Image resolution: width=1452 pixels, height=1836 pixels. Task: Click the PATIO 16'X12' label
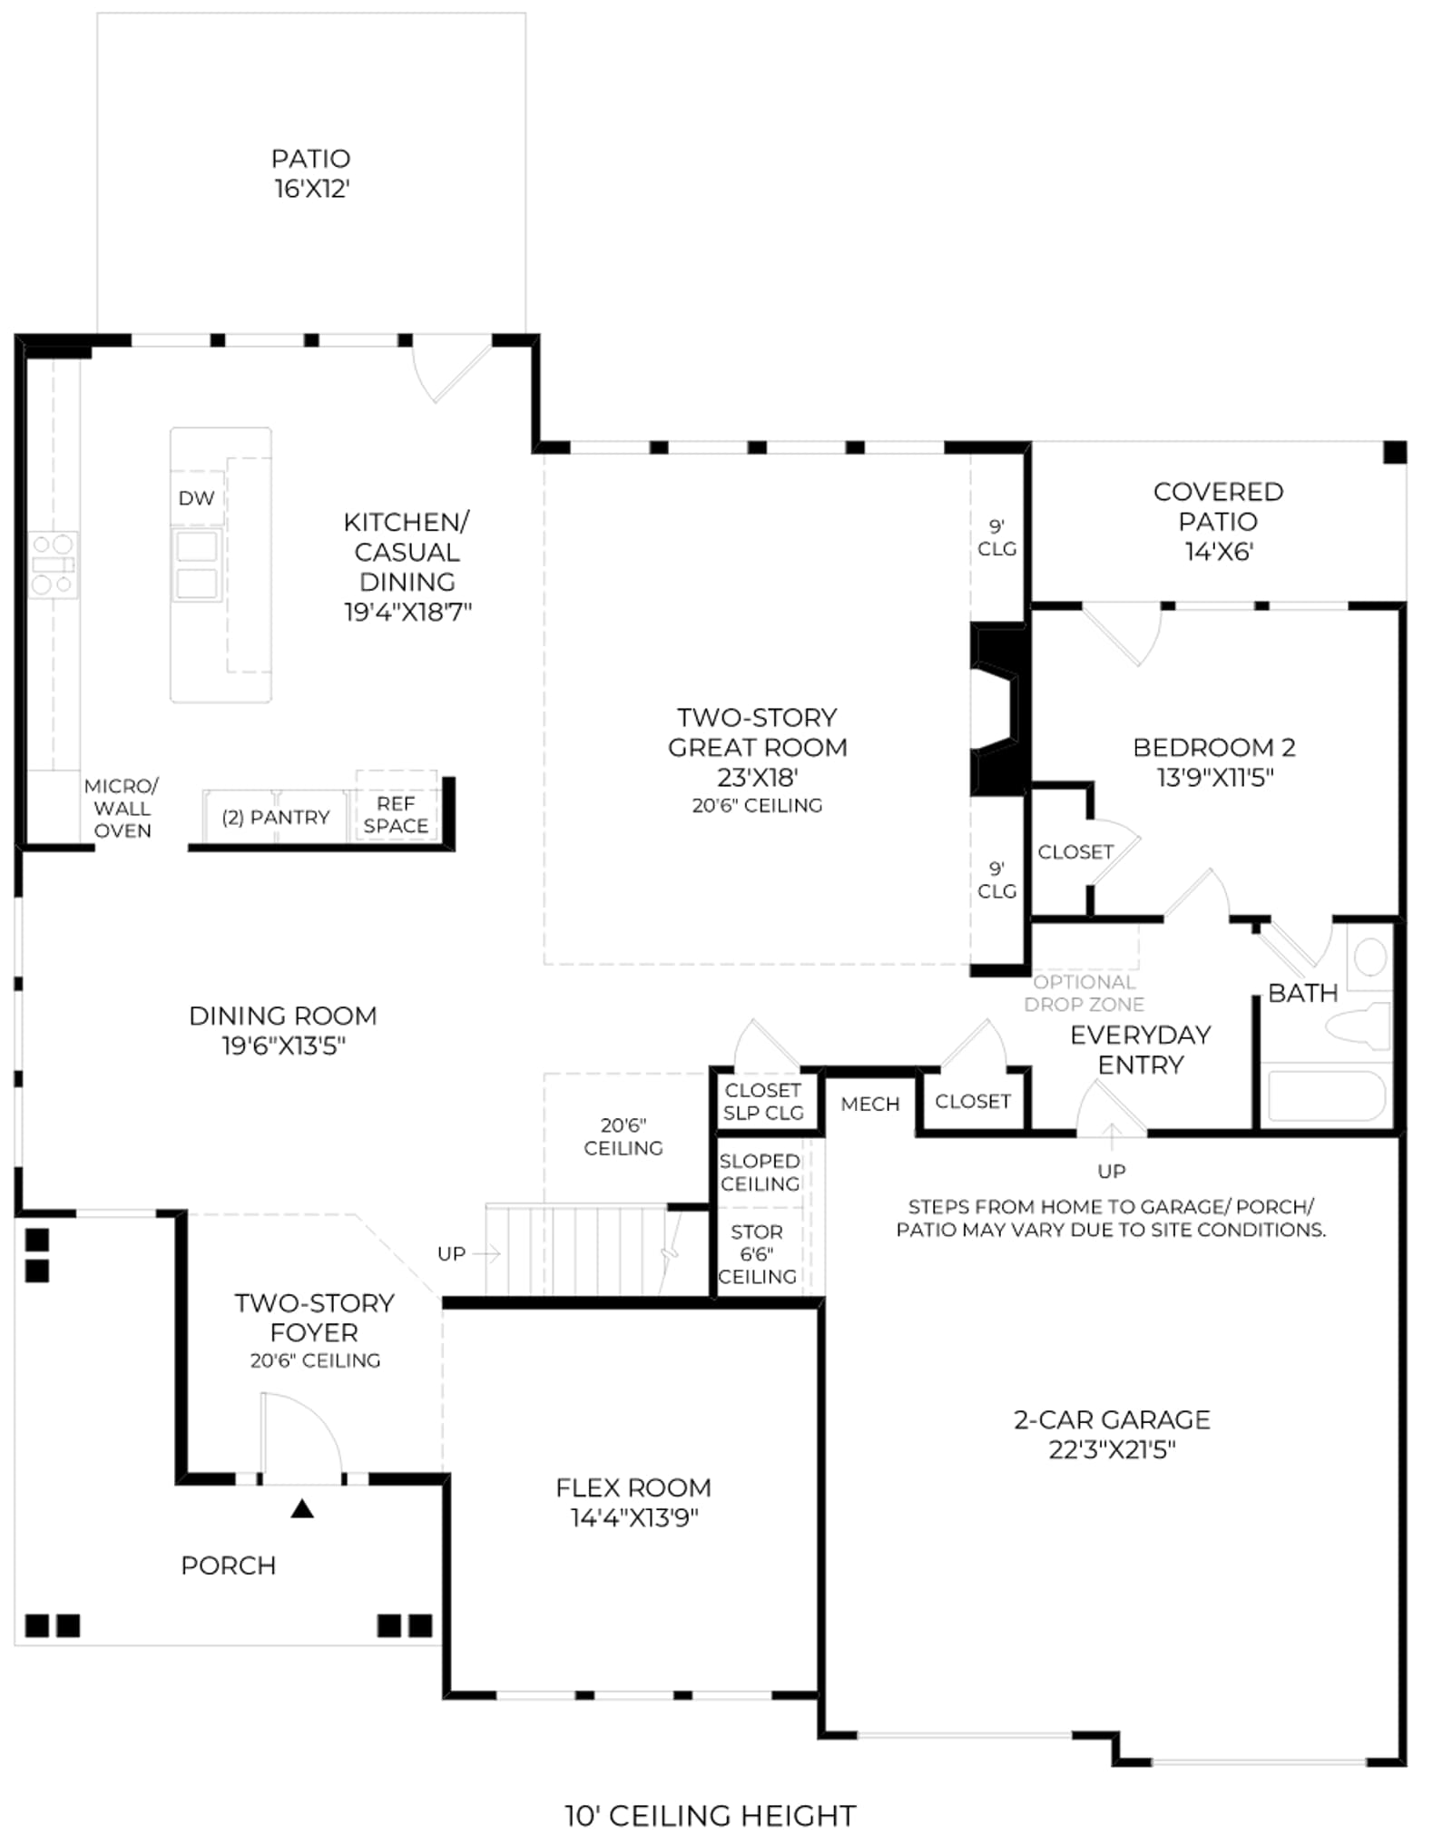coord(311,173)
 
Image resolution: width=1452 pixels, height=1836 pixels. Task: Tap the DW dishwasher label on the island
coord(196,497)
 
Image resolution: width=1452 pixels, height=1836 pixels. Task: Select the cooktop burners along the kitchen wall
coord(53,565)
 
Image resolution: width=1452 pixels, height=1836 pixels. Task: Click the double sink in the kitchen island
coord(197,565)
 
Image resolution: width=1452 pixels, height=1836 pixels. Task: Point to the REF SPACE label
coord(396,814)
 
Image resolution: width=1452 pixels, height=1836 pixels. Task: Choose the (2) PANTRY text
coord(275,817)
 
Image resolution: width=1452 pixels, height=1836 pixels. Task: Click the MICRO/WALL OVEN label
coord(122,808)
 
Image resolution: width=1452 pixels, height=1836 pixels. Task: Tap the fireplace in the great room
coord(998,709)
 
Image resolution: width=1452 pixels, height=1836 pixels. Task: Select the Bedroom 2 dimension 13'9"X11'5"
coord(1214,777)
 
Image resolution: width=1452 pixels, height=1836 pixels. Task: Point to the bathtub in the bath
coord(1326,1095)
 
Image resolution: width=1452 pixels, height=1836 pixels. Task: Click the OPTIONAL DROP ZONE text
coord(1084,993)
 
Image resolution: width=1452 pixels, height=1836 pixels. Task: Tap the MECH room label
coord(870,1104)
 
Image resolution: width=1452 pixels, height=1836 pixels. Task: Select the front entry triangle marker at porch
coord(302,1508)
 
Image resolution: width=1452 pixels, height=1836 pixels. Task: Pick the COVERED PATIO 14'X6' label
coord(1218,521)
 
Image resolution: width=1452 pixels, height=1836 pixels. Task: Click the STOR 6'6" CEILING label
coord(757,1253)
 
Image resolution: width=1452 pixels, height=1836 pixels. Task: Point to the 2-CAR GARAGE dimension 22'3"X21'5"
coord(1112,1449)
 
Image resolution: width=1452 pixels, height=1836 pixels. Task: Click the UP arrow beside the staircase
coord(486,1253)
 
